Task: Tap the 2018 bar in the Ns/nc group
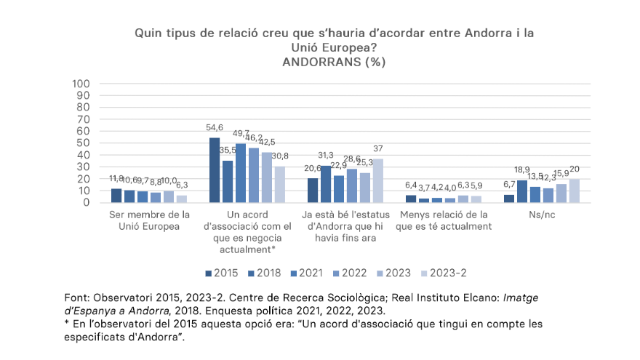coord(522,191)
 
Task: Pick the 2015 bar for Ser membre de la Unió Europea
coord(116,196)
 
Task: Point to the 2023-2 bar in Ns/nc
coord(575,191)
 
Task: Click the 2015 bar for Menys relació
coord(411,199)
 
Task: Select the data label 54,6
coord(215,128)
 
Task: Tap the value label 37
coord(378,149)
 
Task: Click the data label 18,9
coord(522,170)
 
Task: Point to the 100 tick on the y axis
coord(80,84)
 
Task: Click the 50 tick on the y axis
coord(83,143)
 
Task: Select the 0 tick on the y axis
coord(86,202)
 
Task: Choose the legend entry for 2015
coord(221,273)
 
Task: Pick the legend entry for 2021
coord(305,273)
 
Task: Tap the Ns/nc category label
coord(542,215)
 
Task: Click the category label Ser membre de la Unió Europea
coord(149,220)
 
